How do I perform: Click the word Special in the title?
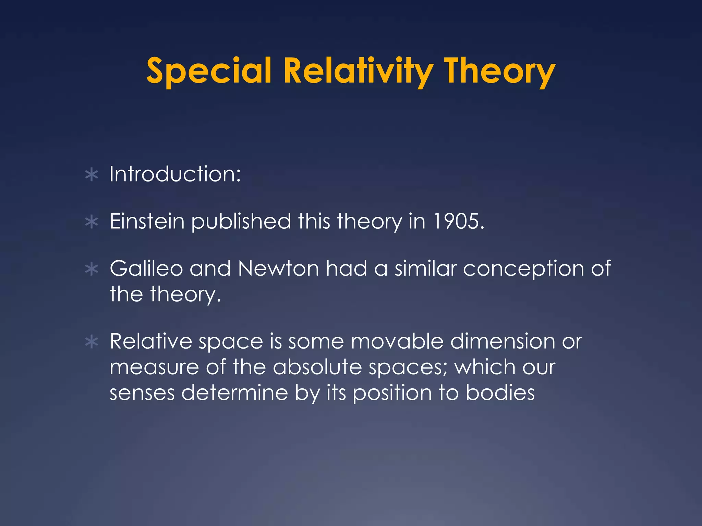pos(209,71)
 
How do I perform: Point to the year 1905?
pos(458,221)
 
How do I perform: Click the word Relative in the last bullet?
pos(151,341)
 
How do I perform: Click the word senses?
pos(142,393)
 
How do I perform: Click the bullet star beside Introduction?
pos(92,175)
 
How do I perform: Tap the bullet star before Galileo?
pos(92,269)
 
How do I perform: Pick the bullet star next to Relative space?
pos(92,342)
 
